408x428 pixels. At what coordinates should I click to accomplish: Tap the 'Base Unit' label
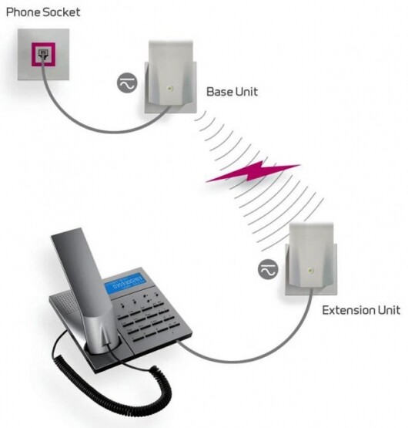pos(232,93)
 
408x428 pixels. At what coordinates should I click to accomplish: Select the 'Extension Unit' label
pos(360,311)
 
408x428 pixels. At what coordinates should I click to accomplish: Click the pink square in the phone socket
pos(39,56)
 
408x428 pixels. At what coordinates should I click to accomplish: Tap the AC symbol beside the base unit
pos(126,84)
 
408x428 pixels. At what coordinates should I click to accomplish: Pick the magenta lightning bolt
pos(253,173)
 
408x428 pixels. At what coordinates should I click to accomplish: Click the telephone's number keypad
pos(154,316)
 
